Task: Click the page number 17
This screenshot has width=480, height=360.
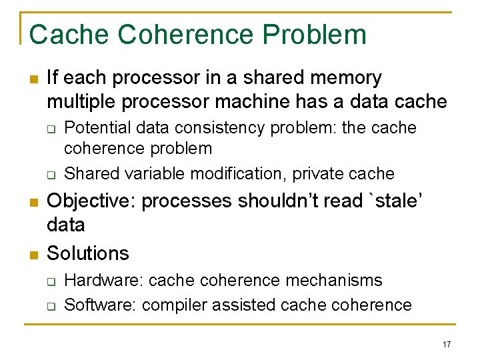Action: tap(446, 344)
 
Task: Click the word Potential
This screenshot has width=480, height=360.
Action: tap(97, 127)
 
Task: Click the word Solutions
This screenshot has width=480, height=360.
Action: tap(88, 253)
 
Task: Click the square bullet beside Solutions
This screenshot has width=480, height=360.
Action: tap(33, 254)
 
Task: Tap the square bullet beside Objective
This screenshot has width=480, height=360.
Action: tap(33, 201)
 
